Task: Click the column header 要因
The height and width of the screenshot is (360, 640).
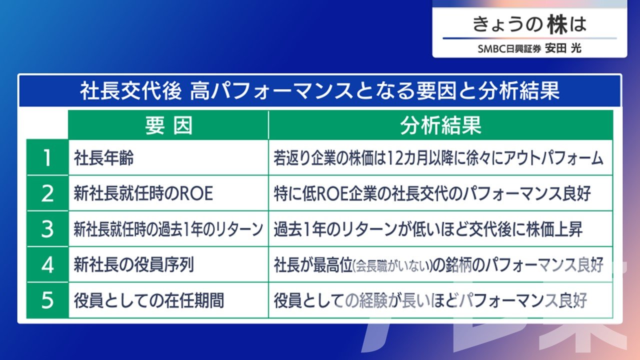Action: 168,125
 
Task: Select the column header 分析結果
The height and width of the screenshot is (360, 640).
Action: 440,125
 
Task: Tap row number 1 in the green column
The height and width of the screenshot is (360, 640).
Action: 47,158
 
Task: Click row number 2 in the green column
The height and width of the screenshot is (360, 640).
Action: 47,193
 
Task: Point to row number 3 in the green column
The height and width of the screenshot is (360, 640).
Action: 47,229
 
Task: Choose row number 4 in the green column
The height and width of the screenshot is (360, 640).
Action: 47,265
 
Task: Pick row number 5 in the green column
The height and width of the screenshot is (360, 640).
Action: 47,300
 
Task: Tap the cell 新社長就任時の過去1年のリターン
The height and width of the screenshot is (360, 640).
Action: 168,229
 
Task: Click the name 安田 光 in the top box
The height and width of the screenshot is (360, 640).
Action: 563,48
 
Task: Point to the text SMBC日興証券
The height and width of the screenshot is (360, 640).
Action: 509,49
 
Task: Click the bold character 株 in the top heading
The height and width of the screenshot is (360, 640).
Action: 557,24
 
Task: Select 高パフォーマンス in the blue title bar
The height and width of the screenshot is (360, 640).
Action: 271,91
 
